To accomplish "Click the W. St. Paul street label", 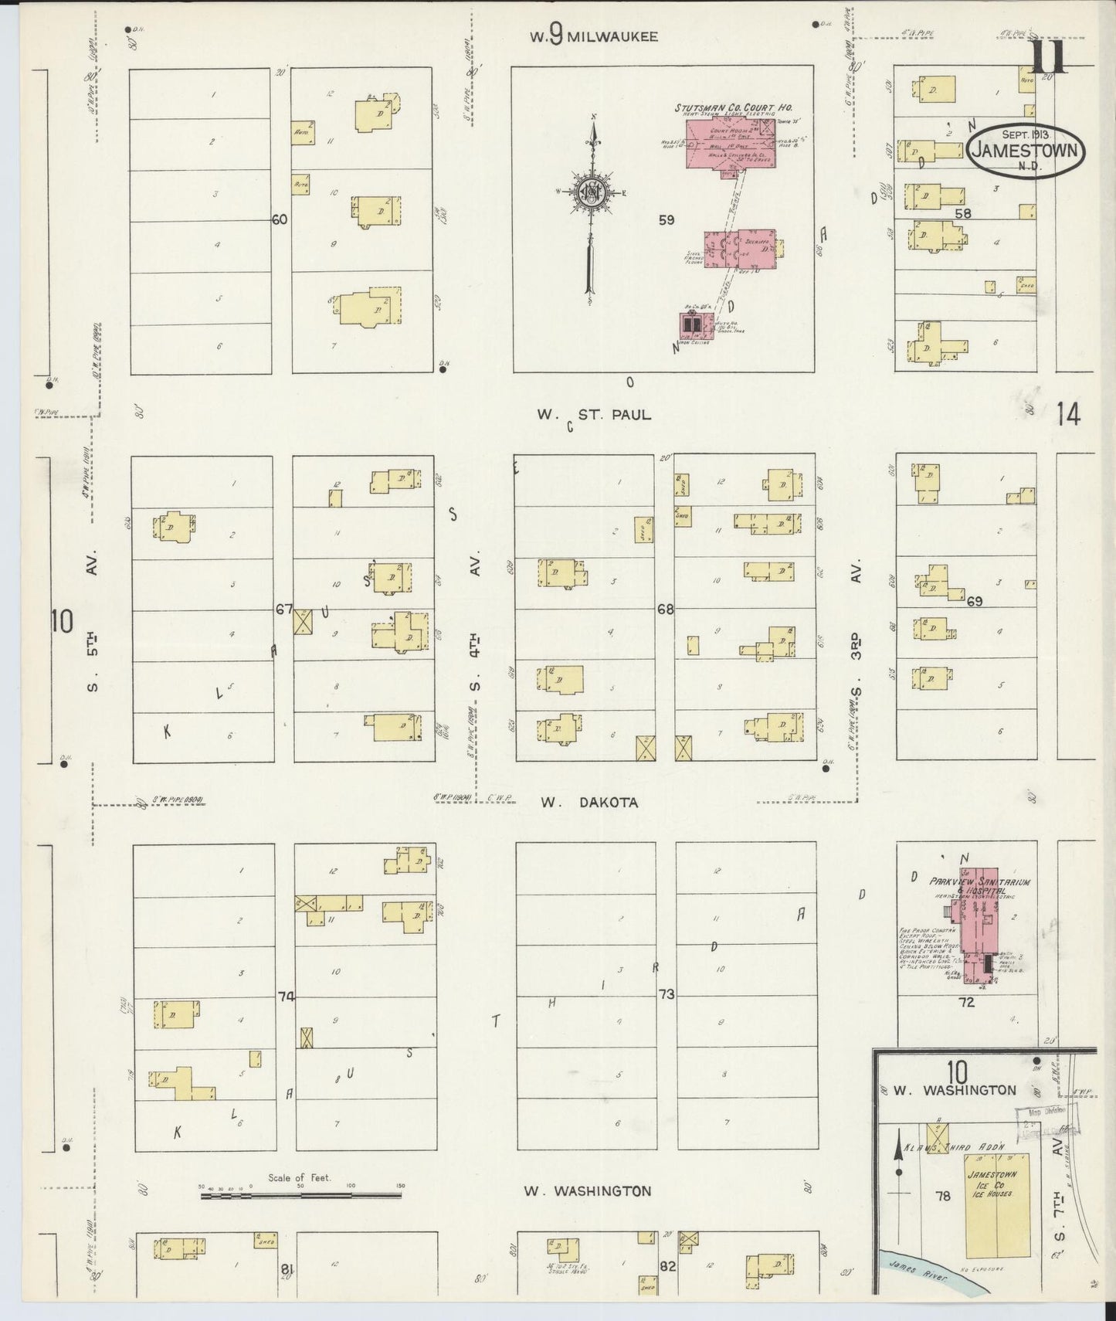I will pyautogui.click(x=594, y=415).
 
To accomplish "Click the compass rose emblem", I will pyautogui.click(x=592, y=193).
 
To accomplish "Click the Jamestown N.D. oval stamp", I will pyautogui.click(x=1025, y=151).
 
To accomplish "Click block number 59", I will pyautogui.click(x=666, y=220).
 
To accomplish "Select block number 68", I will pyautogui.click(x=665, y=610).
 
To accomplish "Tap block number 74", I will pyautogui.click(x=286, y=997).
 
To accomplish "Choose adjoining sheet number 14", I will pyautogui.click(x=1069, y=415).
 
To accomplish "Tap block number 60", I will pyautogui.click(x=279, y=220).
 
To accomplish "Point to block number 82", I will pyautogui.click(x=667, y=1266).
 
